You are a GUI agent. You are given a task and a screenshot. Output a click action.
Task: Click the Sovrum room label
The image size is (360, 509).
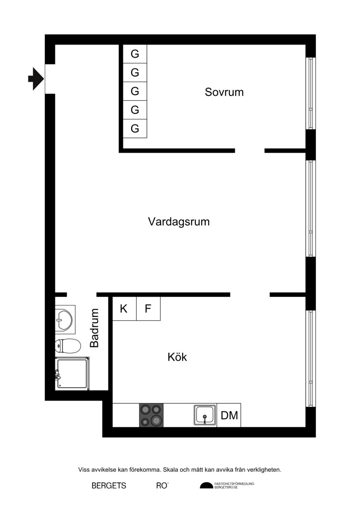(224, 92)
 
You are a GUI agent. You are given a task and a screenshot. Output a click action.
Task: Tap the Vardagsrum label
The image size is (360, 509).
(179, 222)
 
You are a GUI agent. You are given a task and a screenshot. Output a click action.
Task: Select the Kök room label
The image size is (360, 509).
(177, 357)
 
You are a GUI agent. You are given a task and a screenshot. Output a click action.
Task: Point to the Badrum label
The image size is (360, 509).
(94, 328)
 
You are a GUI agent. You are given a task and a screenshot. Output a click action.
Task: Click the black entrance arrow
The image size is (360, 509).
(36, 79)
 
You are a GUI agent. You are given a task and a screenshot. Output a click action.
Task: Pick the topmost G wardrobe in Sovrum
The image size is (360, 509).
(135, 54)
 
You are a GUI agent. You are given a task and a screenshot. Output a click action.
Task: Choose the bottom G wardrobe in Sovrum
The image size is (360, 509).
(135, 129)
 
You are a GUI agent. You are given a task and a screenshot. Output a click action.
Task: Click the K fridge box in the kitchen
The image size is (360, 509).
(124, 309)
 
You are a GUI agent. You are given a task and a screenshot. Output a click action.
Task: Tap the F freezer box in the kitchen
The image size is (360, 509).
(148, 309)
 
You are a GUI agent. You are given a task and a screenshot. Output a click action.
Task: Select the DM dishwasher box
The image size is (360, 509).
(229, 415)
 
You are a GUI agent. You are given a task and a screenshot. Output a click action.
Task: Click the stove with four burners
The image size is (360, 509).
(151, 415)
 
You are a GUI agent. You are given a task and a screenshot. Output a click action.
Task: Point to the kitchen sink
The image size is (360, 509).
(205, 415)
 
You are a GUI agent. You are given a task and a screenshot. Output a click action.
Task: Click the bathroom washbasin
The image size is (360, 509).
(65, 320)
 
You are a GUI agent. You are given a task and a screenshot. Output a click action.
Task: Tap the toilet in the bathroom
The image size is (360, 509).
(67, 346)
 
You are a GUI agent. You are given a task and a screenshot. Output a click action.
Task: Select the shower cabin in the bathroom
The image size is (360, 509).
(72, 373)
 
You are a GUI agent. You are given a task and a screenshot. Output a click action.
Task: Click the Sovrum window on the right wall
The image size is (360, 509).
(310, 94)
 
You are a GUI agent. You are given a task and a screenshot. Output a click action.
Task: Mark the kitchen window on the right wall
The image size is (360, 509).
(310, 358)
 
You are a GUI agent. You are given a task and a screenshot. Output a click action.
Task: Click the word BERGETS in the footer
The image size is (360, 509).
(109, 486)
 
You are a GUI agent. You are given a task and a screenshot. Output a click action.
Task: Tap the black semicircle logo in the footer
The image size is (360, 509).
(207, 485)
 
